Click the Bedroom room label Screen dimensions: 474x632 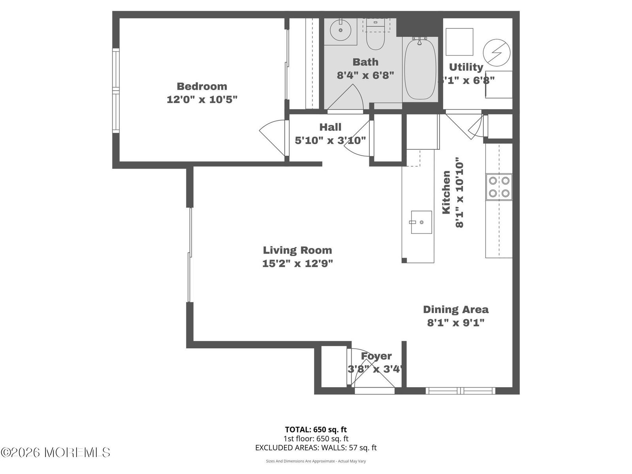[202, 86]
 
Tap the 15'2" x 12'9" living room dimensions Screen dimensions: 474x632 [297, 263]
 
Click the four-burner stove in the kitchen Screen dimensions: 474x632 [499, 187]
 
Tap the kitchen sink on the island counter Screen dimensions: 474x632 [421, 222]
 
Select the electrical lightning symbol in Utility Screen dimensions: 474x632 [497, 53]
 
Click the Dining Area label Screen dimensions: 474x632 [455, 309]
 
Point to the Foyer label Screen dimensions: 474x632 [376, 356]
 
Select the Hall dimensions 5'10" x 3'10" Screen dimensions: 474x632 [330, 140]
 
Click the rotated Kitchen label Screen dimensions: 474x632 [446, 192]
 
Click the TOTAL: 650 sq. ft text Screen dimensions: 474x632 [316, 429]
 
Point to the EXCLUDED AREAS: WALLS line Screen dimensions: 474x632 [316, 448]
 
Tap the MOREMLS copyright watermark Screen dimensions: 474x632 [55, 452]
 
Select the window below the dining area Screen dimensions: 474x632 [460, 391]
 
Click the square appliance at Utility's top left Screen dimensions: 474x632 [459, 42]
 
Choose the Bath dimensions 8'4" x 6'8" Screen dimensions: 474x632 [365, 75]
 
